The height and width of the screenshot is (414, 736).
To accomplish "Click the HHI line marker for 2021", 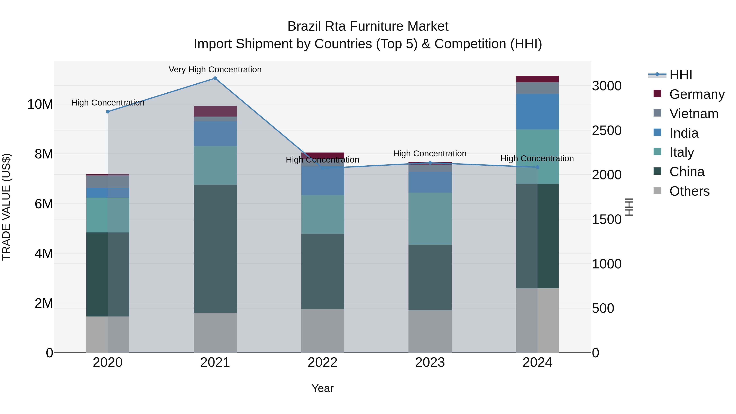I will [x=215, y=78].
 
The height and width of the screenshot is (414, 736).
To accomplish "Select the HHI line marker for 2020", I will [x=108, y=112].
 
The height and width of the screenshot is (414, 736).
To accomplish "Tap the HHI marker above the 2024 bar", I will [x=537, y=167].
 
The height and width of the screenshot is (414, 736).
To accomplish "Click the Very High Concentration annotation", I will [x=215, y=70].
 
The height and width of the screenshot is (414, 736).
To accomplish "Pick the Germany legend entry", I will [x=697, y=94].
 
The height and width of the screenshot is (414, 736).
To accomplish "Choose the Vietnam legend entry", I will [x=693, y=113].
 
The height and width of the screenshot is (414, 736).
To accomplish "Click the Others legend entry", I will [x=689, y=191].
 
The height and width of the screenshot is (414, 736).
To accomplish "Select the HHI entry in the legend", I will [x=681, y=75].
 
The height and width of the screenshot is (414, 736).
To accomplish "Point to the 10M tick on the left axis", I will [x=40, y=104].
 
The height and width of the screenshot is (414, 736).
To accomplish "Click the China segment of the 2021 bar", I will [x=215, y=249].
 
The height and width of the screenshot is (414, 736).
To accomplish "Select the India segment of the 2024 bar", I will [x=537, y=111].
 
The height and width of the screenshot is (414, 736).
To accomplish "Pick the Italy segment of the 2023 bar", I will [x=430, y=219].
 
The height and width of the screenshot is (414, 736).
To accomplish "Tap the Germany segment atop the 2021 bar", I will [x=215, y=111].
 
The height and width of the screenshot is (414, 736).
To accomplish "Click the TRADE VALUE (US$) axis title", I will [x=6, y=207].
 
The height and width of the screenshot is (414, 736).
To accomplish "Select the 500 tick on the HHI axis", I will [x=603, y=308].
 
